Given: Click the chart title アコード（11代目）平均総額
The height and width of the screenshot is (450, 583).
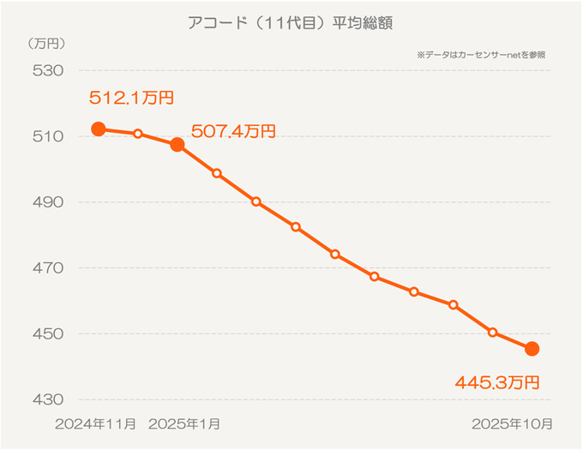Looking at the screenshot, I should (291, 23).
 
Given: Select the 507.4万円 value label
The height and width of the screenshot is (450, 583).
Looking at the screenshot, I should (233, 131).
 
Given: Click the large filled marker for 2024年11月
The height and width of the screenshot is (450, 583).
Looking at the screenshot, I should (99, 129).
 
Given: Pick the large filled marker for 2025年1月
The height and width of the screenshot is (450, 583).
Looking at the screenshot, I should (177, 145).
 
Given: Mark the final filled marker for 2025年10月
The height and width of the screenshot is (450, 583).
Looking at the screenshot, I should (532, 348).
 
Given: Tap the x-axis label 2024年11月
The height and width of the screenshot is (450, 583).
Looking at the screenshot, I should (95, 423).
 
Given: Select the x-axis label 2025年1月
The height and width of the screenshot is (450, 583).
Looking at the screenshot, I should (184, 423).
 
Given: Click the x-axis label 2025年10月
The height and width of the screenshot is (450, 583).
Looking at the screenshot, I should (513, 423).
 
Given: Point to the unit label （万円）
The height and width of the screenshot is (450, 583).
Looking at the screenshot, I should (46, 42).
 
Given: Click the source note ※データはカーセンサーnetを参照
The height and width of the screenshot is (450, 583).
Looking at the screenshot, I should (480, 54).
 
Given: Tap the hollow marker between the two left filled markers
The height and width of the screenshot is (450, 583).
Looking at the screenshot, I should (138, 134).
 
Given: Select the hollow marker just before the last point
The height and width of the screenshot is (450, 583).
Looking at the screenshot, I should (492, 332).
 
